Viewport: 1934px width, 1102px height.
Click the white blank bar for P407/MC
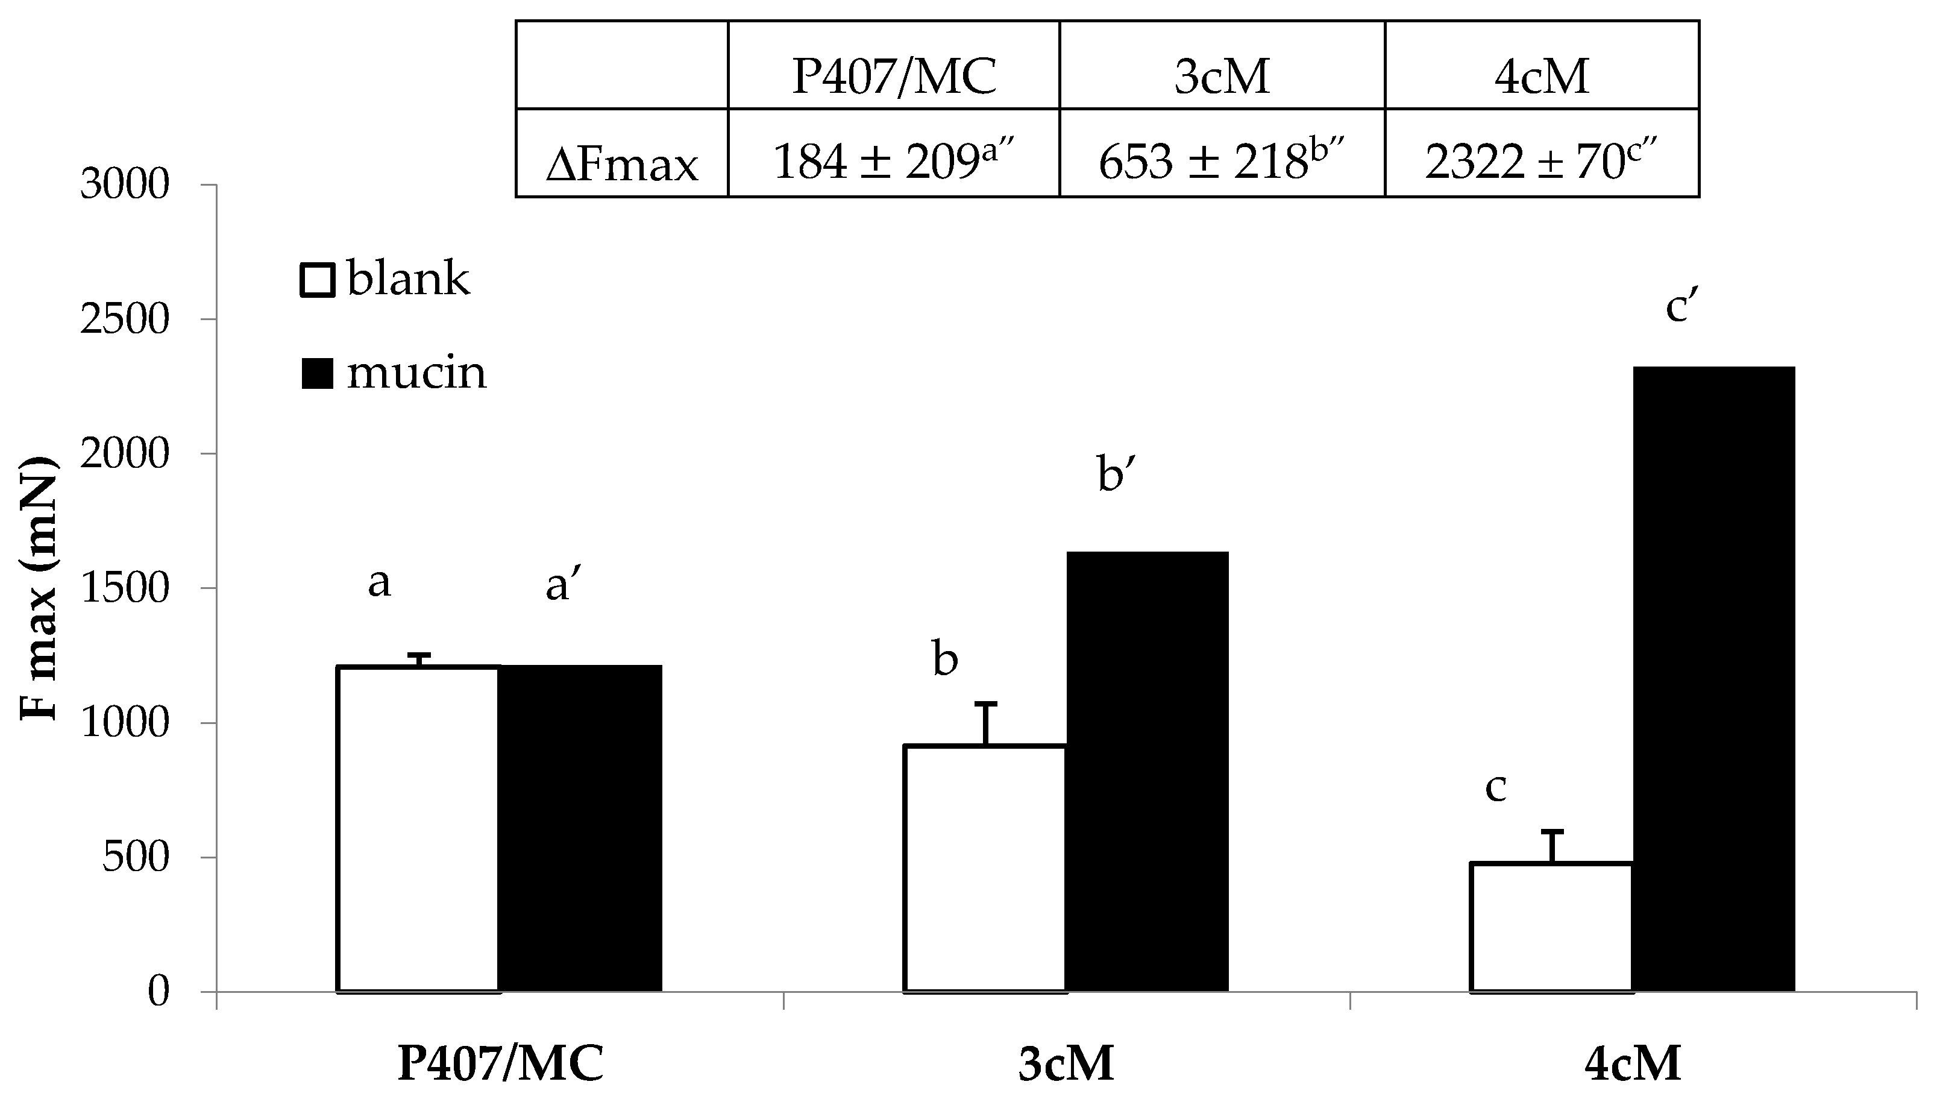point(418,829)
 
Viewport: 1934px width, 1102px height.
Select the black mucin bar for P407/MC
point(580,829)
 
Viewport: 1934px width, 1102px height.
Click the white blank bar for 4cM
point(1551,927)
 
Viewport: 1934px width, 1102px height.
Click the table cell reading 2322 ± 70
point(1540,160)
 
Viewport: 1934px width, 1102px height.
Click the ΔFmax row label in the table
point(622,163)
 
